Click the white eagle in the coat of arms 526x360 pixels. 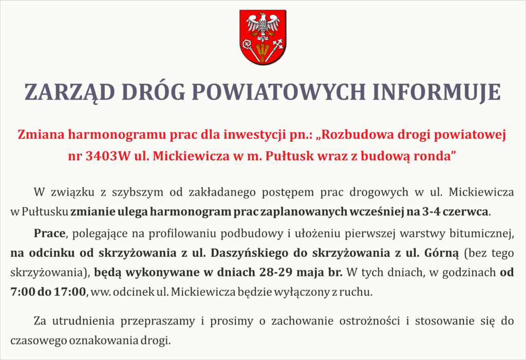(262, 26)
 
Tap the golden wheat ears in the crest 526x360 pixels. (262, 51)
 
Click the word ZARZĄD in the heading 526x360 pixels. (69, 92)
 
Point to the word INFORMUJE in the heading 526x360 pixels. (437, 92)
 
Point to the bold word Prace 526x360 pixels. (50, 233)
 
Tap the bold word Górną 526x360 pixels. (441, 253)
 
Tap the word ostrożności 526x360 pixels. (370, 321)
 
